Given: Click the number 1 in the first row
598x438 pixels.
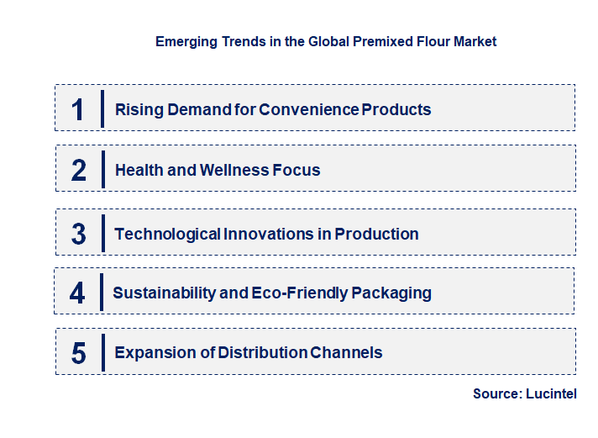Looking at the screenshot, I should (x=78, y=109).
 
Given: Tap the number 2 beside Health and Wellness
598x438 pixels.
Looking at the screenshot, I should (x=79, y=171).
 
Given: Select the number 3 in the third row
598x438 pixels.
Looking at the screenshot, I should (x=79, y=234).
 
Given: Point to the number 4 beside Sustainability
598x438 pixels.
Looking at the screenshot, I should (x=77, y=293).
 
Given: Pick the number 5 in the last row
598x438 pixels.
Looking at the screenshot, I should (x=79, y=353).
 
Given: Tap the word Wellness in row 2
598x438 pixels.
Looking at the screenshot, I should (x=234, y=171).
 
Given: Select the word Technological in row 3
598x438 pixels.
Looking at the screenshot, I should (x=167, y=234).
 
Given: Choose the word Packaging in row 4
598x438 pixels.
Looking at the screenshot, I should (x=391, y=293).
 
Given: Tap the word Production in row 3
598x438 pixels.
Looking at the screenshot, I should (x=376, y=234).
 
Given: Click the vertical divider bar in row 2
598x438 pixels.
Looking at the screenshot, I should (x=102, y=169).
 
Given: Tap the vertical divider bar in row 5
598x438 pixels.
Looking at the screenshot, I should (x=102, y=351).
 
